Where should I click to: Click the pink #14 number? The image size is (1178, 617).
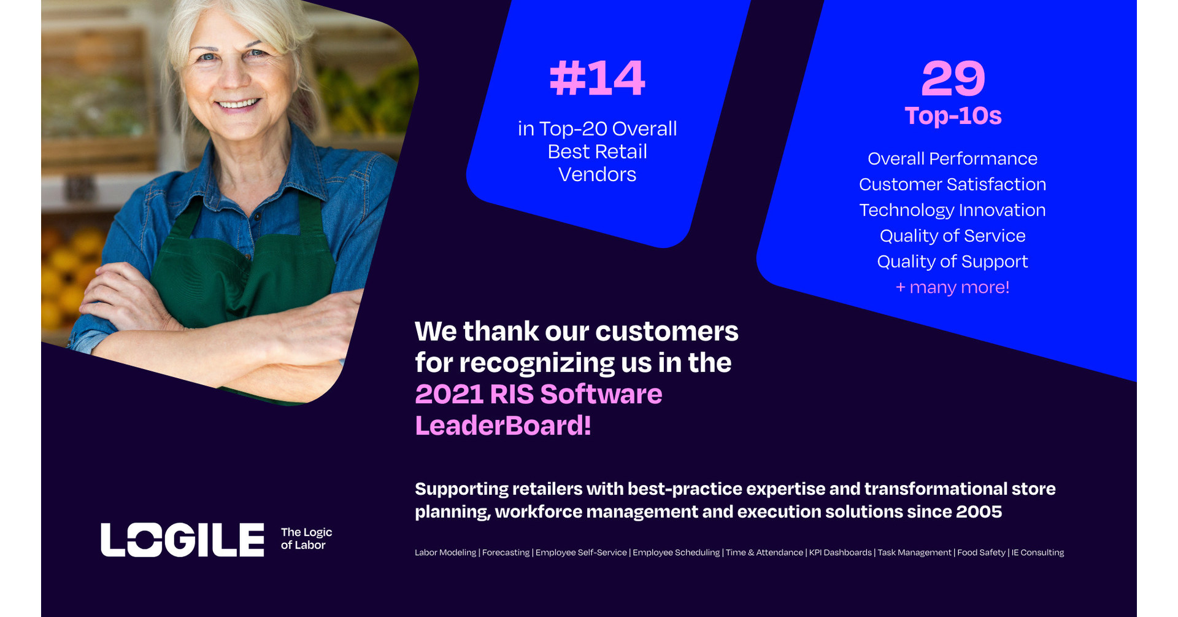(597, 79)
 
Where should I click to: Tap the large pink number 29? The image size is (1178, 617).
(953, 79)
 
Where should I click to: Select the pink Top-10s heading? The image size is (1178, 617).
(953, 115)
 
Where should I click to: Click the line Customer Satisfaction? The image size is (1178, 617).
(952, 184)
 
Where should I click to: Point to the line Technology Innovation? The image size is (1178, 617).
(952, 210)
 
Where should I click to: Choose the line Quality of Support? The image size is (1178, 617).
(952, 262)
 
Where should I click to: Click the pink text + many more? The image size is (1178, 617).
(952, 287)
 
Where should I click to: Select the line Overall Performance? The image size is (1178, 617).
(952, 158)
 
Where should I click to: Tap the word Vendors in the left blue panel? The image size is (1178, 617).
(597, 174)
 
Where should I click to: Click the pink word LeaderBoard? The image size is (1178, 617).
(503, 425)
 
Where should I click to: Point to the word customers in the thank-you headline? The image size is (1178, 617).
(667, 332)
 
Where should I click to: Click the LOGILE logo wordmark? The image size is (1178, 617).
(182, 540)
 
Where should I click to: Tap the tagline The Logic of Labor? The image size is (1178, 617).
(306, 538)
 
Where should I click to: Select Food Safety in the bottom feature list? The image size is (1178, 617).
(981, 553)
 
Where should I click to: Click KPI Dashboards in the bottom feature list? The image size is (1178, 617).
(840, 553)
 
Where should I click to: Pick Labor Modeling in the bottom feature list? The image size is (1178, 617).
(445, 553)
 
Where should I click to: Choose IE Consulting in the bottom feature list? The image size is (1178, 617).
(1037, 553)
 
